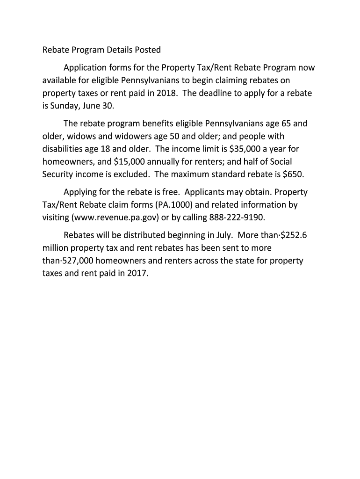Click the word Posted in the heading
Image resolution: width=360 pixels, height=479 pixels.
(x=147, y=50)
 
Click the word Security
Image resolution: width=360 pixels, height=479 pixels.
(x=58, y=174)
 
